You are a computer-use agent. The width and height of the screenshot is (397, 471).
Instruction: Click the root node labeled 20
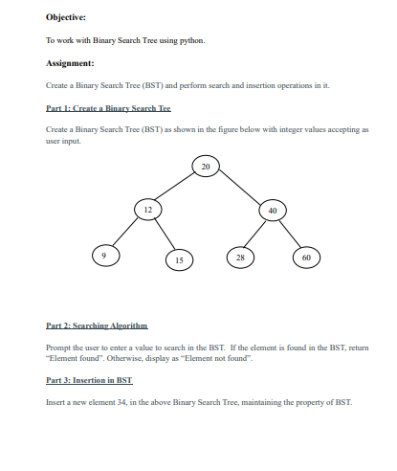pyautogui.click(x=204, y=168)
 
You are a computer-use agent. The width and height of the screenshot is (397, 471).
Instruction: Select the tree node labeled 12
pyautogui.click(x=147, y=209)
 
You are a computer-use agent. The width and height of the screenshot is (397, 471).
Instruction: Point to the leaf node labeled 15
pyautogui.click(x=178, y=258)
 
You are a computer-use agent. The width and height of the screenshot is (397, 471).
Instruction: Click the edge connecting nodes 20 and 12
pyautogui.click(x=175, y=189)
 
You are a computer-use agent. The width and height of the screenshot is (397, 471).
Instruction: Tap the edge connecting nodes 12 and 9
pyautogui.click(x=124, y=232)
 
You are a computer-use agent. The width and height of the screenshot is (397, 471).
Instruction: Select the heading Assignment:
pyautogui.click(x=70, y=65)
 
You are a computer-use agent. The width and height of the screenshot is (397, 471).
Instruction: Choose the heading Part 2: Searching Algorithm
pyautogui.click(x=98, y=327)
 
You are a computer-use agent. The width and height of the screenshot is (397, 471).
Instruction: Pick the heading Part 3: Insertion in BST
pyautogui.click(x=88, y=381)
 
